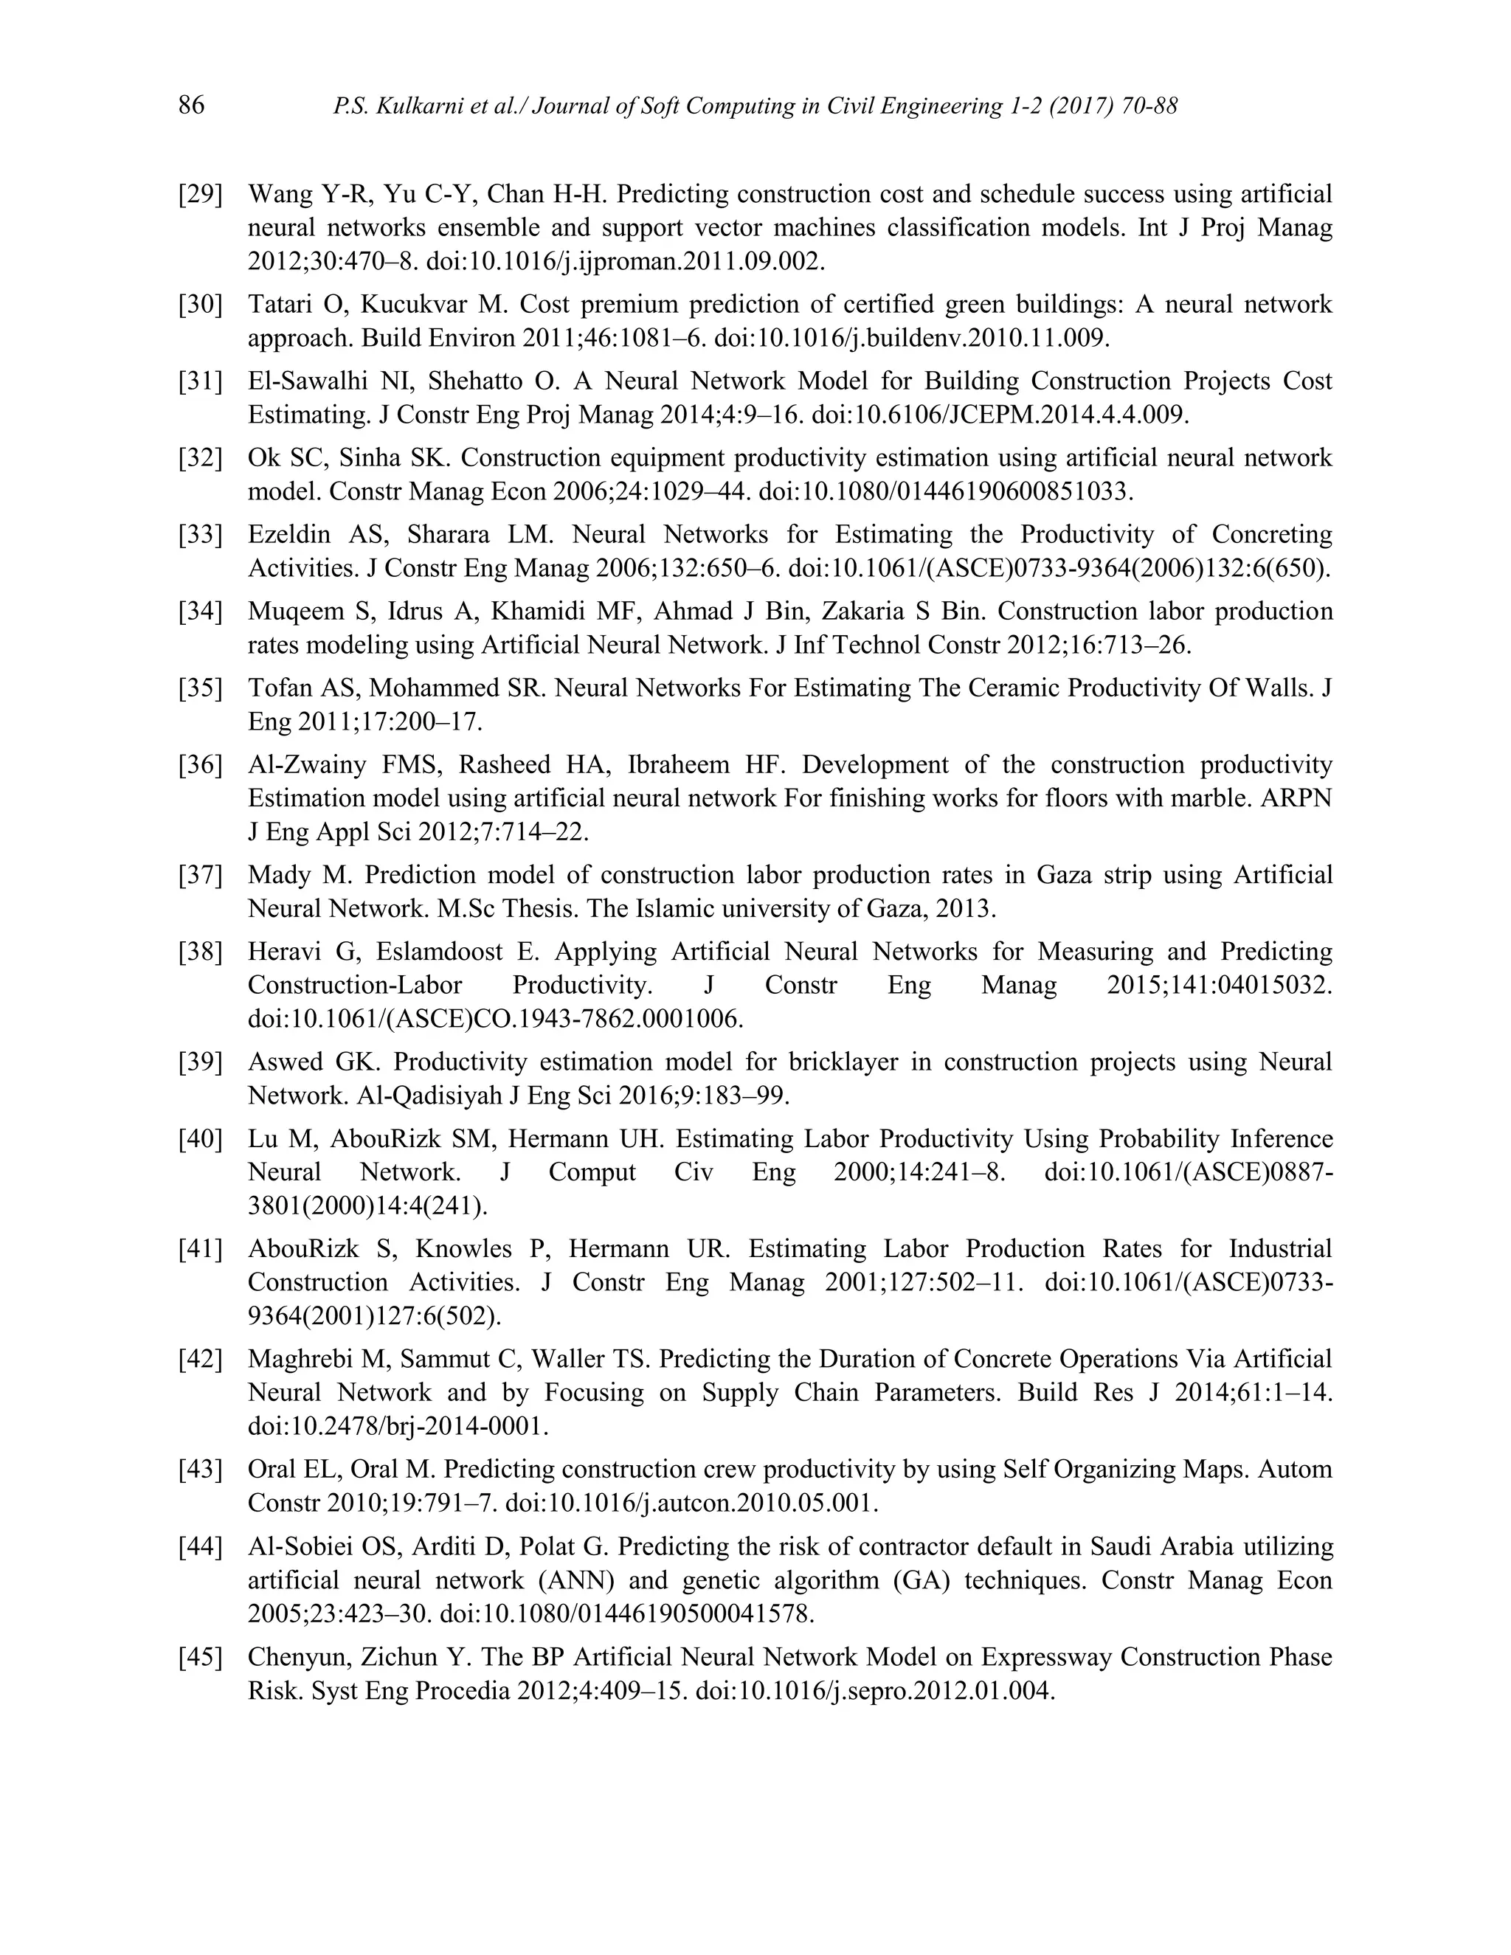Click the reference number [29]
201,194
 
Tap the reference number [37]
201,874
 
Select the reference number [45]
201,1657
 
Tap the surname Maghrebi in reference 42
302,1359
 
